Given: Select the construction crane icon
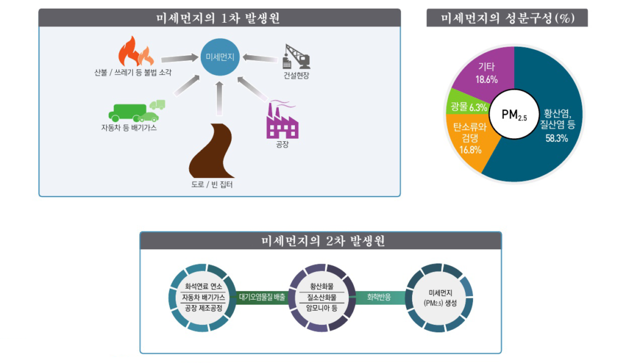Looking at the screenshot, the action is point(296,56).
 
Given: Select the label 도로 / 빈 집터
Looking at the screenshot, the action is point(212,184).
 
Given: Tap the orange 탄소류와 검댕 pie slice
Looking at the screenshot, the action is point(471,139).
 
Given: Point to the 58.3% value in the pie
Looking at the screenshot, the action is point(557,138).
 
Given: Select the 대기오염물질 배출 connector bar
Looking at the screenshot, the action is point(262,297).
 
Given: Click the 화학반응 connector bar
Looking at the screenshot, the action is point(378,297).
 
